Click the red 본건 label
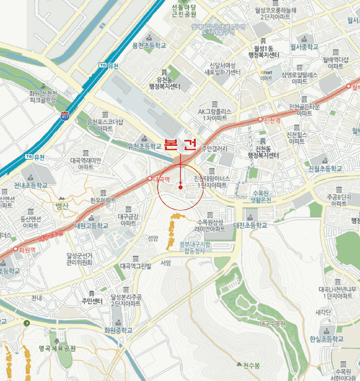click(x=179, y=145)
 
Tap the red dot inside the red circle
click(x=181, y=188)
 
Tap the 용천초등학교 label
click(x=148, y=46)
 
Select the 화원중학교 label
click(x=119, y=330)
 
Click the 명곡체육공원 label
click(x=57, y=348)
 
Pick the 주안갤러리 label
click(x=214, y=148)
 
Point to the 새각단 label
click(x=323, y=312)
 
